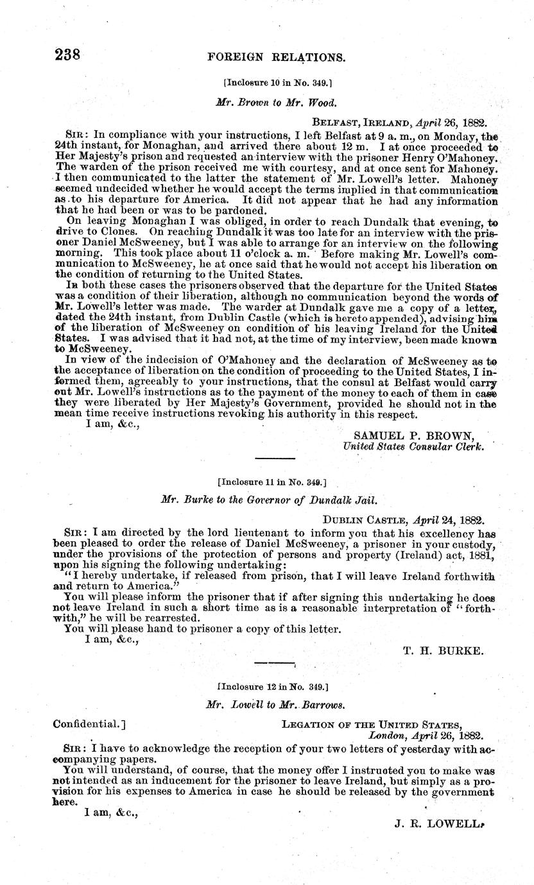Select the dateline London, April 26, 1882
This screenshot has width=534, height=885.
tap(426, 736)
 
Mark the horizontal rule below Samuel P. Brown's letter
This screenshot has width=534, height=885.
tap(275, 458)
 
